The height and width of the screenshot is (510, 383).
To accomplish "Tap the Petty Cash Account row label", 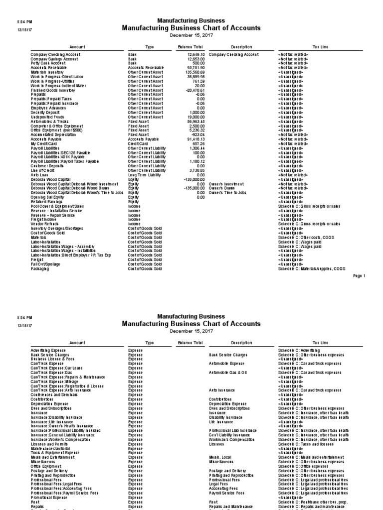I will pos(48,63).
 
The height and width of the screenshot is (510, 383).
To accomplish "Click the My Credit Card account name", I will pos(44,143).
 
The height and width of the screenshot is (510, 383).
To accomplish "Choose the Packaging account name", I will pos(40,269).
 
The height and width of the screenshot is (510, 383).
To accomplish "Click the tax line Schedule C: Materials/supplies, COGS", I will pos(318,269).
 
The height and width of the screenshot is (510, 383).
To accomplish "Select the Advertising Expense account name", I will pos(49,350).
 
